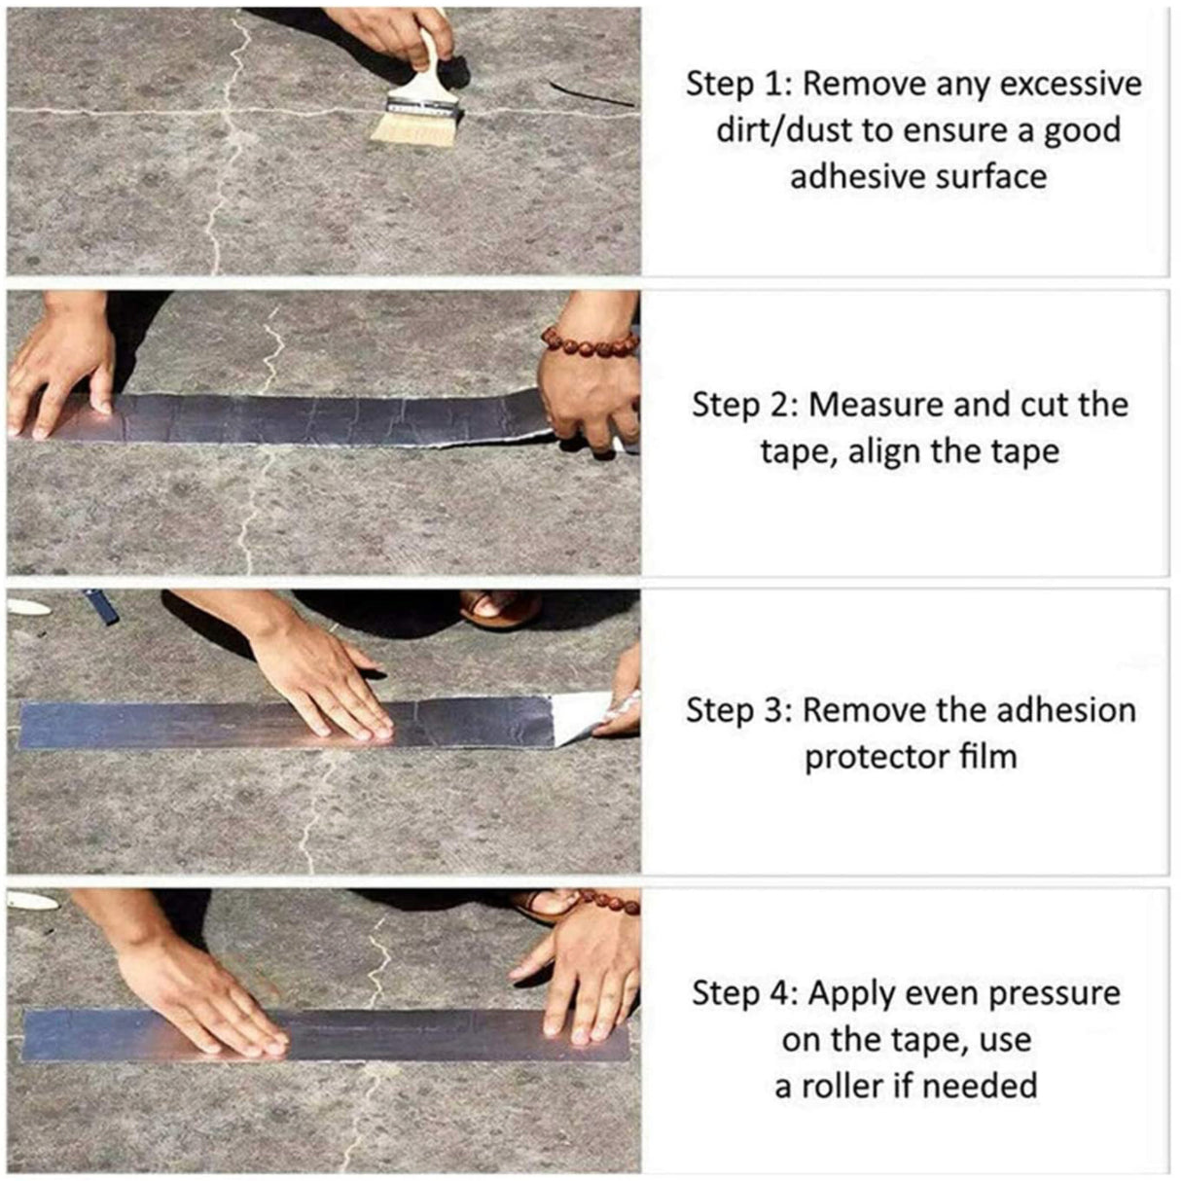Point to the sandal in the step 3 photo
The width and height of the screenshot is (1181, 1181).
point(500,609)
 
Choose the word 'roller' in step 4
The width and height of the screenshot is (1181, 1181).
point(856,1085)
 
